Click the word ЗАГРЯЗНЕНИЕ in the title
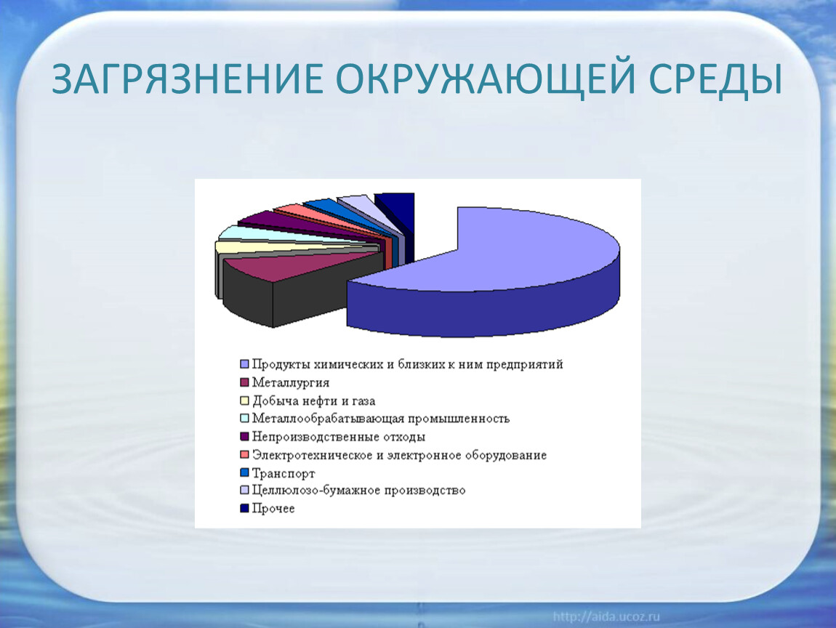pos(188,79)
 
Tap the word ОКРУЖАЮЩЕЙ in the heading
pos(485,79)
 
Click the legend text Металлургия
pos(291,383)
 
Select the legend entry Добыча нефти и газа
pos(313,401)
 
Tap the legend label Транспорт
pos(284,473)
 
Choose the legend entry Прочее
pos(273,509)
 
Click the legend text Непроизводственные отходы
pos(339,437)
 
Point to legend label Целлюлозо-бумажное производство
pos(359,491)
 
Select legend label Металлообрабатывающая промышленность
pos(381,419)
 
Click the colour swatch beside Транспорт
pos(245,473)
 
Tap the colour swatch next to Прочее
pos(245,509)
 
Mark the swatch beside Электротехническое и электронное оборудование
pos(245,455)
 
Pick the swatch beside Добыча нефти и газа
pos(245,400)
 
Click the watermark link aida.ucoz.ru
pos(606,617)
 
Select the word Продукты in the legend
pos(281,365)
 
